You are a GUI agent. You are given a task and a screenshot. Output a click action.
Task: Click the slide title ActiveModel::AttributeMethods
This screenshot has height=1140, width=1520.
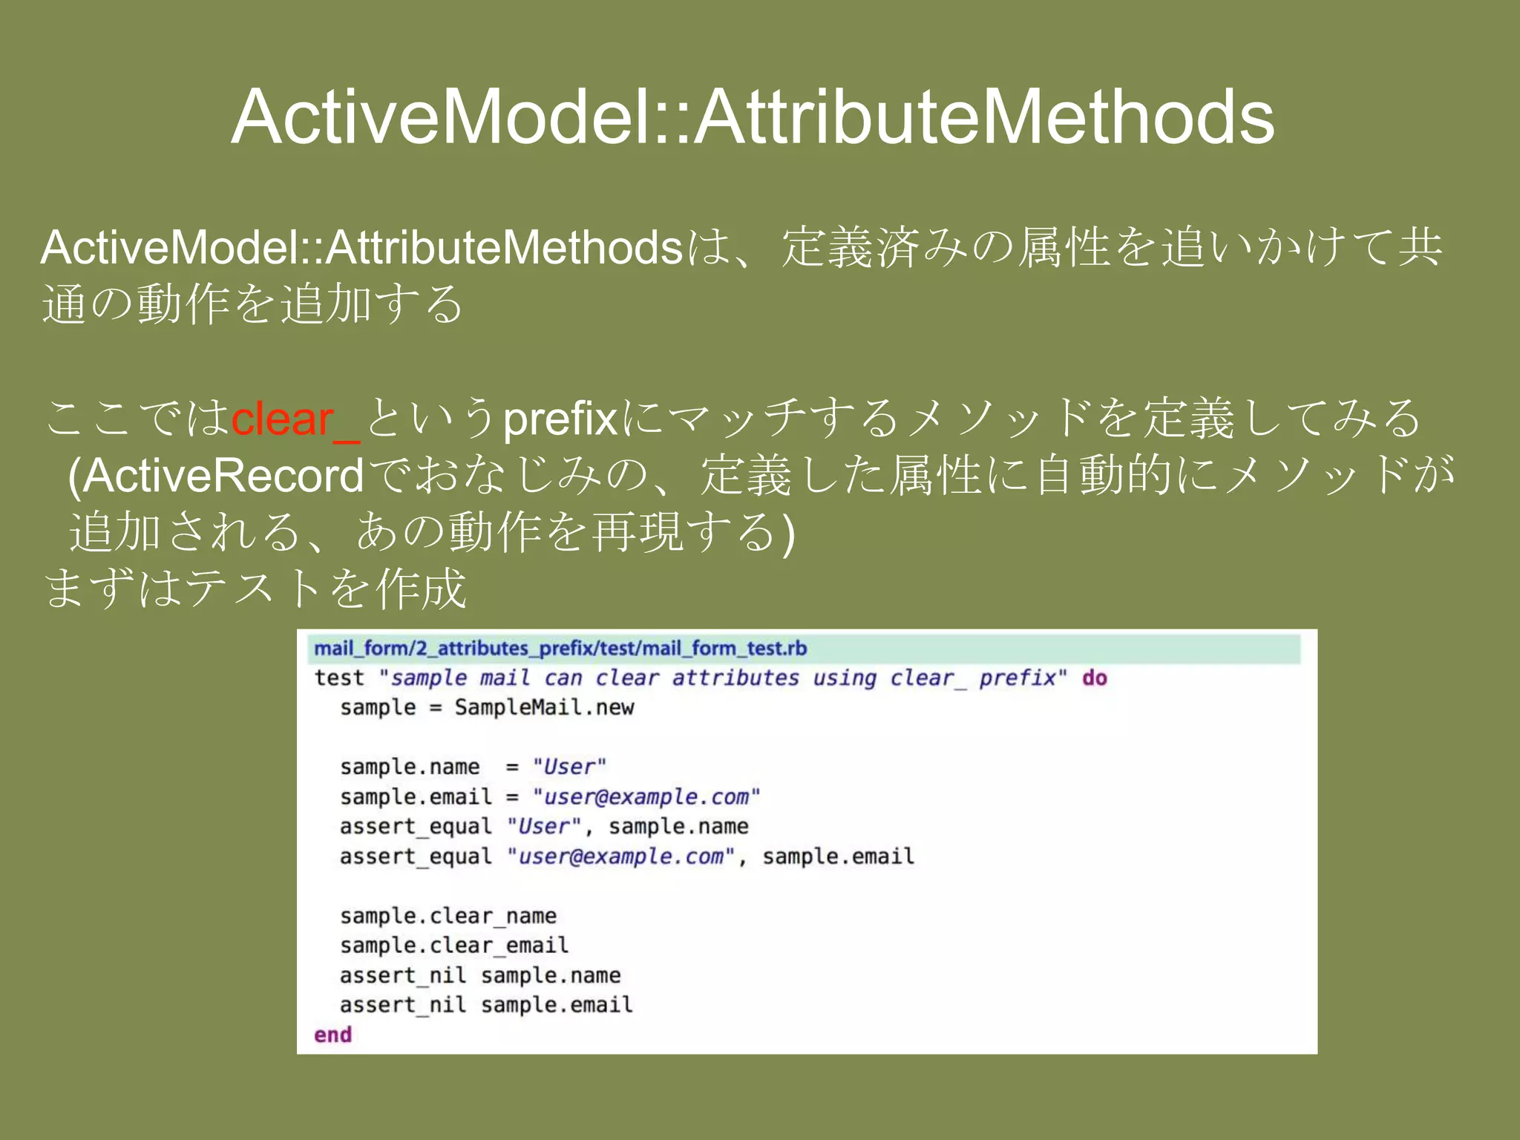coord(753,117)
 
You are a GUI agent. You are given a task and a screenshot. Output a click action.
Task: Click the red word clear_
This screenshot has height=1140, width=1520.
coord(295,419)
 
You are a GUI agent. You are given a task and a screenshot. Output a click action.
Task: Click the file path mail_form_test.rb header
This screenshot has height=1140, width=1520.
coord(560,649)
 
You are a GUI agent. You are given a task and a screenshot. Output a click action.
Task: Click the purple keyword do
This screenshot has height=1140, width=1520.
coord(1094,678)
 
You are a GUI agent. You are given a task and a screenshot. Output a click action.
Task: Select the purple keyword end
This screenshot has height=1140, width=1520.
coord(332,1035)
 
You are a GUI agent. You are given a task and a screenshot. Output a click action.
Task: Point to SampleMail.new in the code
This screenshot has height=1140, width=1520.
coord(544,707)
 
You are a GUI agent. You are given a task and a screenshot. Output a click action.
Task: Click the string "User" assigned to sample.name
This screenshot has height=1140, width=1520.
coord(569,767)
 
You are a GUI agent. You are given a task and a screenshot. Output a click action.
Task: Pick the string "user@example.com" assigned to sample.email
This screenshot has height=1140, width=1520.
coord(646,796)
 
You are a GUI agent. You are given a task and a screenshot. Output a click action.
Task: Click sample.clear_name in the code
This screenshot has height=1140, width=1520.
coord(448,916)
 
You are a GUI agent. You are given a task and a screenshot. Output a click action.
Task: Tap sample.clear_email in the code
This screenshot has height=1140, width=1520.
coord(454,946)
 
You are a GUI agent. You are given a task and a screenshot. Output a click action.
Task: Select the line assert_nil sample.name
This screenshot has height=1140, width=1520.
coord(479,975)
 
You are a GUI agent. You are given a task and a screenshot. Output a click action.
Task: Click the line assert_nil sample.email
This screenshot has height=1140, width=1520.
coord(486,1005)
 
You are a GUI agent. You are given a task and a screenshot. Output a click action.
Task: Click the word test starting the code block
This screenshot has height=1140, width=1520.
coord(339,678)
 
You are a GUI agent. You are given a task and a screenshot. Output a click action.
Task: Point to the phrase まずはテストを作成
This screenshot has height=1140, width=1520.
coord(255,589)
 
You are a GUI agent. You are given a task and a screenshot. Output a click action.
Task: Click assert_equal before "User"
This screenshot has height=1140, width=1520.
coord(416,826)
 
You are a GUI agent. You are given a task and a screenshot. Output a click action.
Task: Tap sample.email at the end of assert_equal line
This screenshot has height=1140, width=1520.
coord(838,856)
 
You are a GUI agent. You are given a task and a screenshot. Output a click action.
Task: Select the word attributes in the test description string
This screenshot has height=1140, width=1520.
coord(735,678)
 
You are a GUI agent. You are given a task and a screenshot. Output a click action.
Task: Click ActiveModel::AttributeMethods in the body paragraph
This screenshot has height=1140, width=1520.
coord(361,247)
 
